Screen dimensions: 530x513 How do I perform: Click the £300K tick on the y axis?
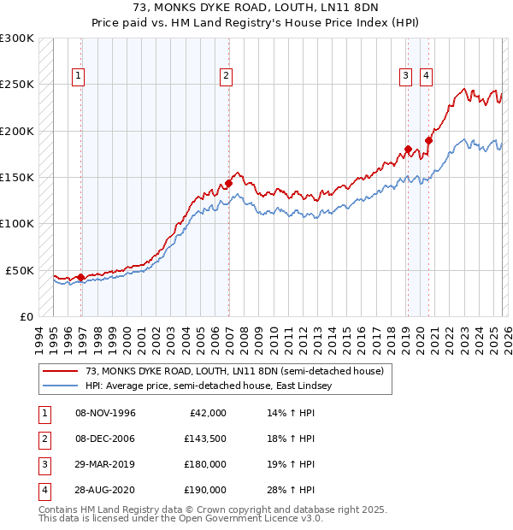[17, 38]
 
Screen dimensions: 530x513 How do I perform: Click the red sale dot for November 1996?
[80, 277]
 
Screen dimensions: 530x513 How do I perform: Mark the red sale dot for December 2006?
[229, 183]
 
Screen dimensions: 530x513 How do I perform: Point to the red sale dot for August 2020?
[428, 140]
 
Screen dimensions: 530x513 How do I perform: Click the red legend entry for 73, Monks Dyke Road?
[239, 371]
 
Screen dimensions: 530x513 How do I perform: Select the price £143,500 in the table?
[205, 439]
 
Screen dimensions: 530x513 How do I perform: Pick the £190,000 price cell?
[205, 490]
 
